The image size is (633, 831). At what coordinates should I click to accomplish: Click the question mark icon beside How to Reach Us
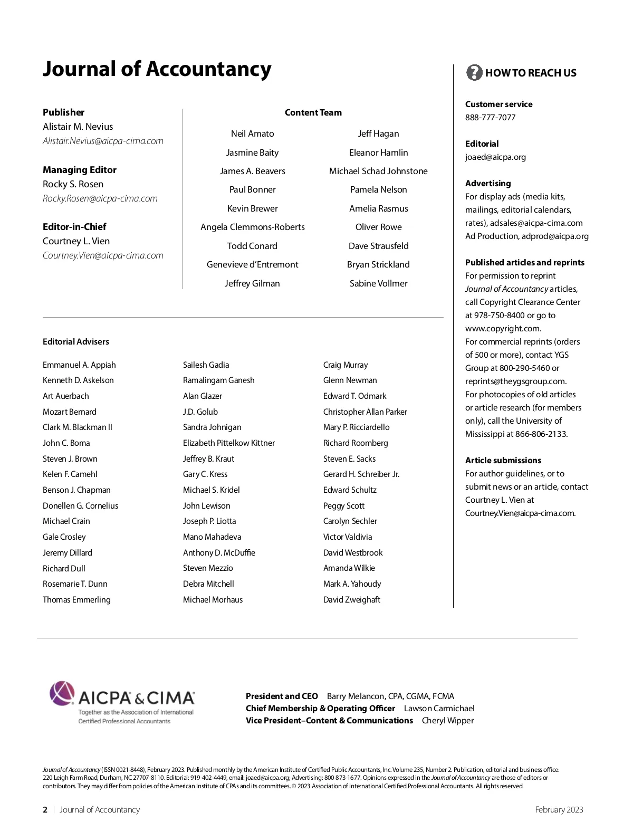click(474, 73)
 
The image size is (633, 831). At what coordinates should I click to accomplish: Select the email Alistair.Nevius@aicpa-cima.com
click(103, 141)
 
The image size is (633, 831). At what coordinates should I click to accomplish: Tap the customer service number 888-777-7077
click(490, 117)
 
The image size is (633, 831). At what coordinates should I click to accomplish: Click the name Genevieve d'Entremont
click(252, 264)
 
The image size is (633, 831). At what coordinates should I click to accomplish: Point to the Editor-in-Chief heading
click(74, 227)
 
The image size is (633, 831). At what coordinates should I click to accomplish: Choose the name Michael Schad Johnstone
click(378, 171)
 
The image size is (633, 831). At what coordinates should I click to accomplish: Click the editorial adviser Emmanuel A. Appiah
click(79, 365)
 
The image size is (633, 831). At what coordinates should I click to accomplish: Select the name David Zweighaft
click(351, 599)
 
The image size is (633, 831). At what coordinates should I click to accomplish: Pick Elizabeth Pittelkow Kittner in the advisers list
click(228, 443)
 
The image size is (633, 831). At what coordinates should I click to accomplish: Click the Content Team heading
click(313, 112)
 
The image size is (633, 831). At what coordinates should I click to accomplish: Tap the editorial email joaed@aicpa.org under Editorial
click(495, 157)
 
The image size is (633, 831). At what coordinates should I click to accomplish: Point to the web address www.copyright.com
click(503, 328)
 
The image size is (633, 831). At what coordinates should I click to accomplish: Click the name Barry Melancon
click(356, 696)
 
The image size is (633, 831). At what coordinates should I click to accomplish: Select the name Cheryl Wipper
click(447, 720)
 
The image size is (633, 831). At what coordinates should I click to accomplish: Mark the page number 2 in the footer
click(45, 809)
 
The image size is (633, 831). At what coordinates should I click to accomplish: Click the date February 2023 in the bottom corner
click(559, 809)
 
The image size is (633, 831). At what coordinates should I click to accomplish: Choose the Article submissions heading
click(503, 460)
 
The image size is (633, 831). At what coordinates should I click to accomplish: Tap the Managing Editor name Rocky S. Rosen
click(73, 184)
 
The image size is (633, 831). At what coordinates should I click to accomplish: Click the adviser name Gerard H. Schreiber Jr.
click(361, 474)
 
